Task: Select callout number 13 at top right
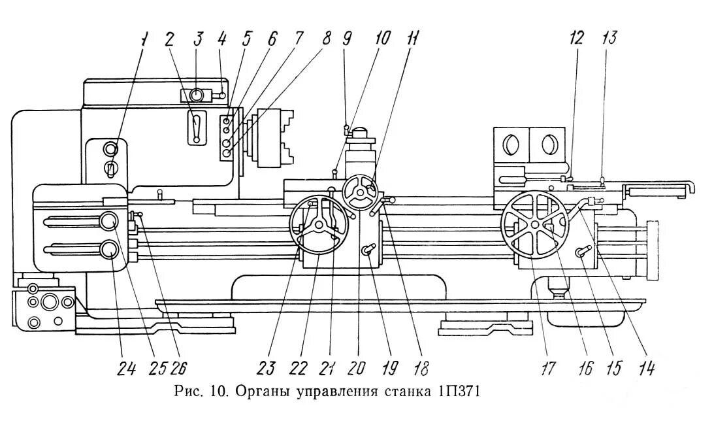tap(609, 38)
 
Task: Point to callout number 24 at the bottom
tap(126, 370)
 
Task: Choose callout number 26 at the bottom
tap(178, 370)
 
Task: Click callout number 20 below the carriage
tap(357, 370)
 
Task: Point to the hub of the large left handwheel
tap(318, 224)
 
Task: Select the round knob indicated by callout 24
tap(109, 249)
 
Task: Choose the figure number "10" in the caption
tap(218, 392)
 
